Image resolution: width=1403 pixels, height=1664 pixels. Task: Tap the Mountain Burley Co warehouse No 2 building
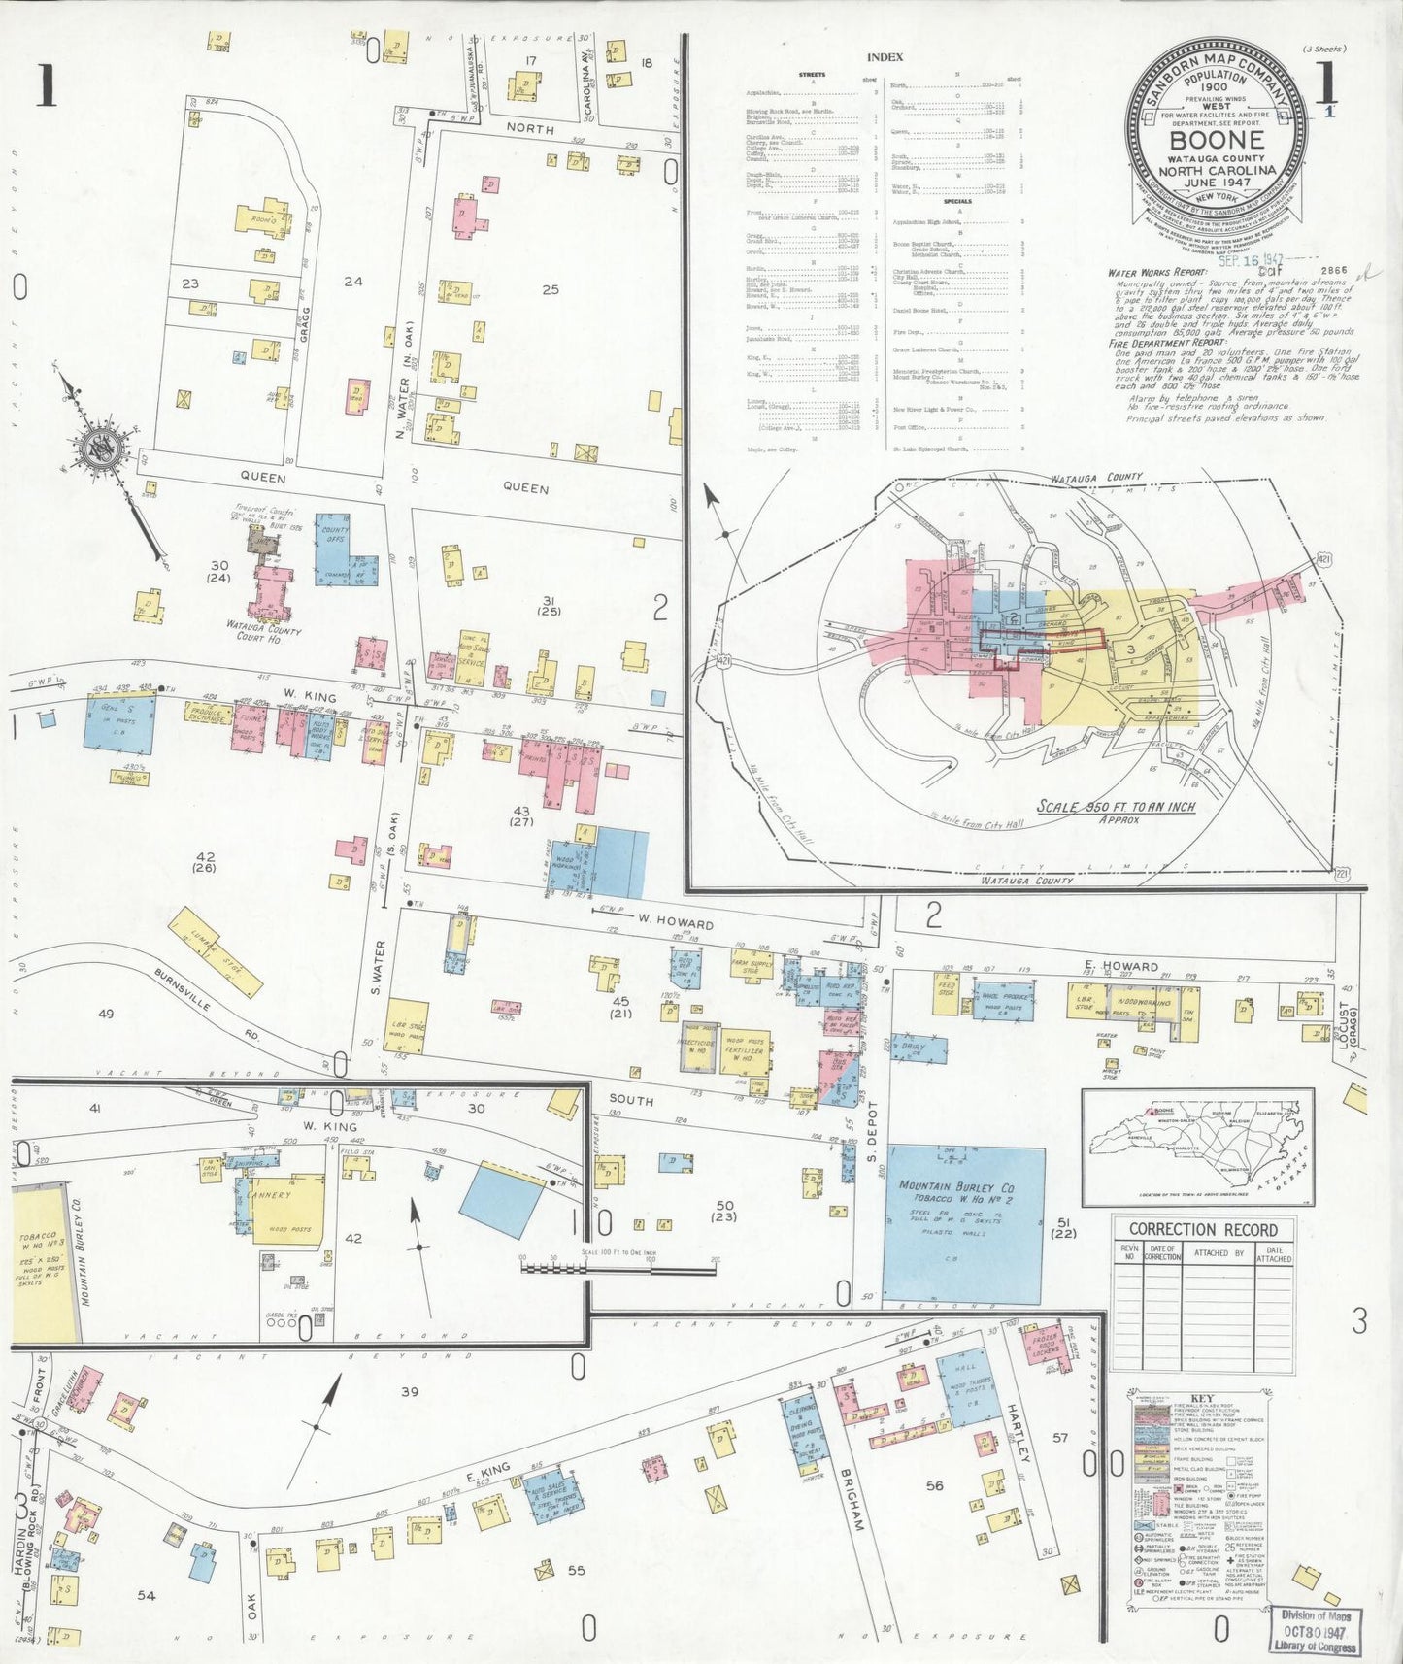pyautogui.click(x=964, y=1224)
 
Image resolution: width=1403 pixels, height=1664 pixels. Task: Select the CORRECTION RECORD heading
pyautogui.click(x=1203, y=1229)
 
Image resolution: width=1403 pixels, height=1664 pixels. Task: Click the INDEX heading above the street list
pyautogui.click(x=885, y=58)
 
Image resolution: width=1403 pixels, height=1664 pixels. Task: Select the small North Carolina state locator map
pyautogui.click(x=1197, y=1146)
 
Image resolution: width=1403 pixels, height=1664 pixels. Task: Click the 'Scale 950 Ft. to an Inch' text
pyautogui.click(x=1116, y=807)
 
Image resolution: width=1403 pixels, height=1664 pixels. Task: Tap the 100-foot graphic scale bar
pyautogui.click(x=618, y=1266)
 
